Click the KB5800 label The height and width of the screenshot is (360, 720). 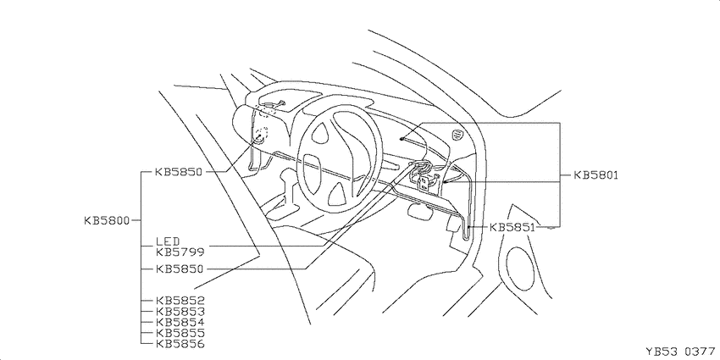pyautogui.click(x=107, y=220)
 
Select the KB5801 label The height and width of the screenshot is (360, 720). pyautogui.click(x=596, y=175)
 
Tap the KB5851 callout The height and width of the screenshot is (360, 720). pyautogui.click(x=512, y=227)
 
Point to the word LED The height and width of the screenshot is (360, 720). pyautogui.click(x=168, y=241)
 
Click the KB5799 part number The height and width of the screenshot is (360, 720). pyautogui.click(x=180, y=252)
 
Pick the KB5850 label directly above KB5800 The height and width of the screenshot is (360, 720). pyautogui.click(x=179, y=172)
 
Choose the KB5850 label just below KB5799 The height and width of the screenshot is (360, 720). pyautogui.click(x=179, y=269)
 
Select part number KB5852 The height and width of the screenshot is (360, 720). pyautogui.click(x=180, y=301)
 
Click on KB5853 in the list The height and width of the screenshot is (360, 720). pyautogui.click(x=180, y=312)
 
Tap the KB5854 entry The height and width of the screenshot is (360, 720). pyautogui.click(x=180, y=323)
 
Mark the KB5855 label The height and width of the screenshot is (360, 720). pyautogui.click(x=180, y=333)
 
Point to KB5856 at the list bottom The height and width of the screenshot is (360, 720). pyautogui.click(x=180, y=343)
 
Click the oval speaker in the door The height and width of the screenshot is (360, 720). pyautogui.click(x=520, y=269)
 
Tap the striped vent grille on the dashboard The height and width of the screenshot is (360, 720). pyautogui.click(x=457, y=135)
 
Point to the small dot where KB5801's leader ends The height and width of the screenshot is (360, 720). pyautogui.click(x=402, y=138)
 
